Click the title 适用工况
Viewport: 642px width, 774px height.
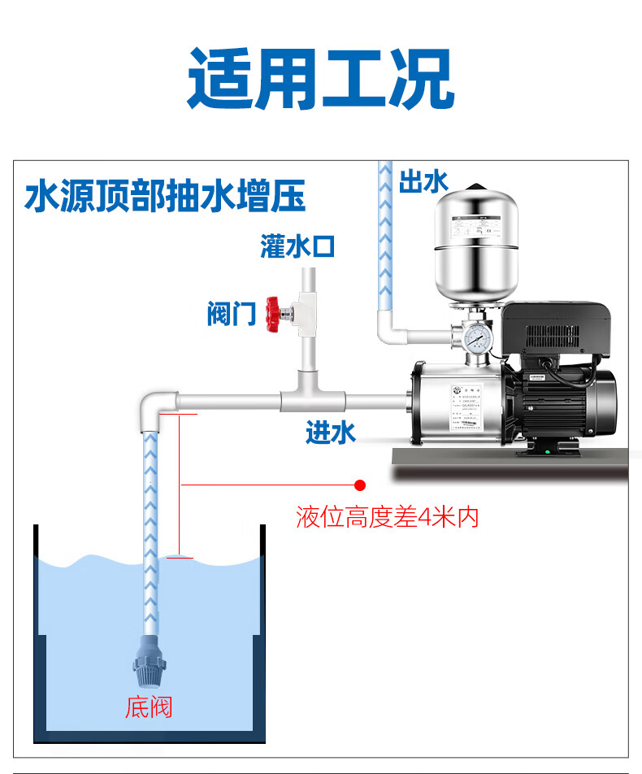tap(320, 79)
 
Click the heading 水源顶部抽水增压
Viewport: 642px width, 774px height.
tap(166, 198)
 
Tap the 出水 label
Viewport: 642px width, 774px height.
tap(423, 180)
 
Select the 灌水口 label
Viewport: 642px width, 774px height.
tap(297, 246)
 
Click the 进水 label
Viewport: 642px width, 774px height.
tap(331, 433)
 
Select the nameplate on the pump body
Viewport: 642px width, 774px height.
tap(473, 407)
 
